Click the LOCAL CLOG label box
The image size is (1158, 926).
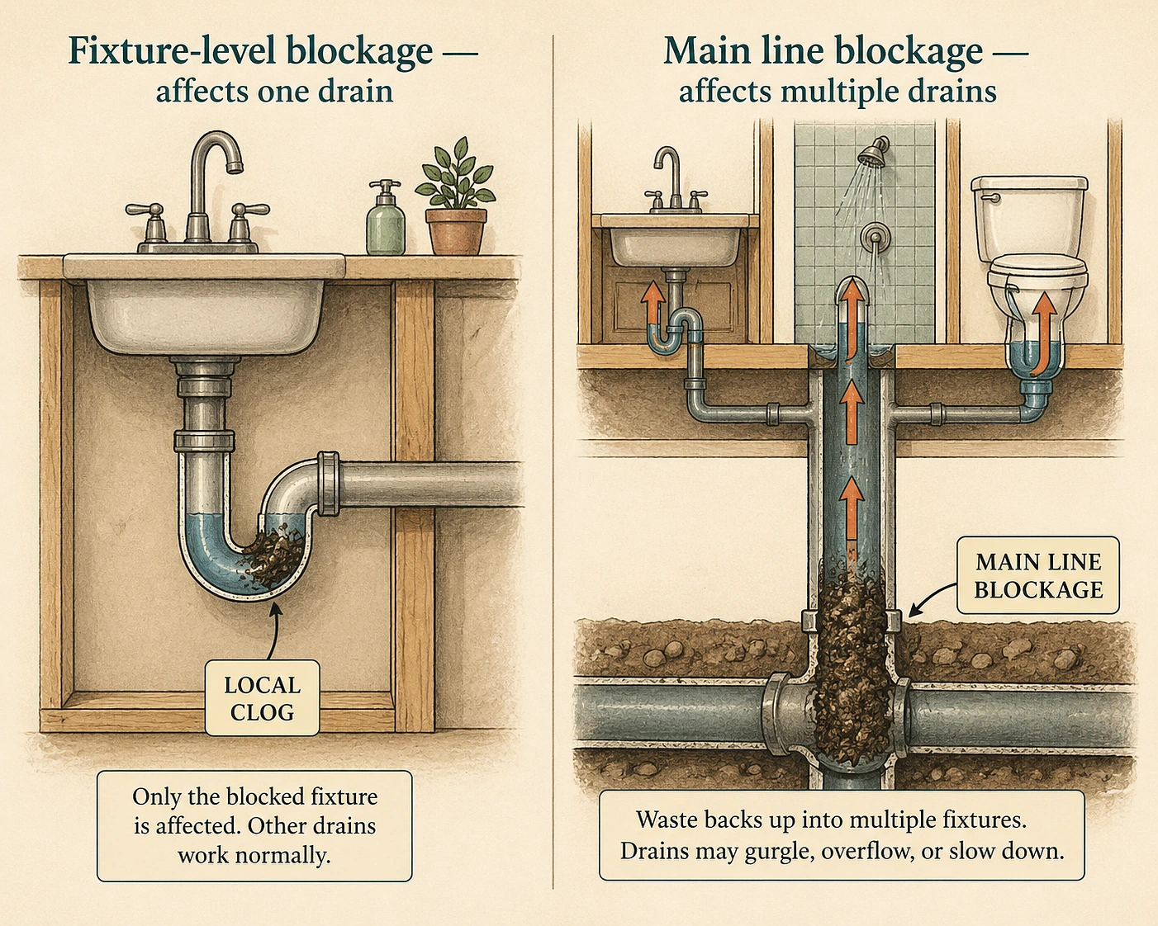pyautogui.click(x=262, y=698)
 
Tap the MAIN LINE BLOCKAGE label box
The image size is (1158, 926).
pyautogui.click(x=1038, y=576)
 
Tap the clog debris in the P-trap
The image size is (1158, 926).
pyautogui.click(x=273, y=555)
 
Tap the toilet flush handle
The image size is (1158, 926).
pyautogui.click(x=992, y=198)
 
